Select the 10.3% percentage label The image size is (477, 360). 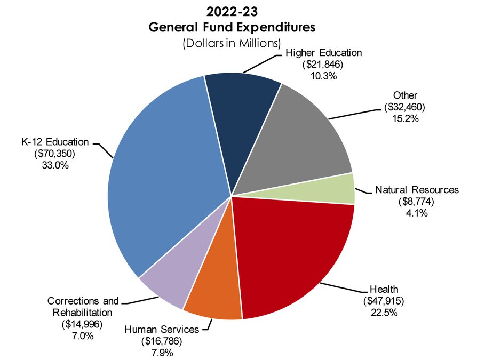pos(323,76)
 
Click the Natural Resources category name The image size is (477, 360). pos(417,190)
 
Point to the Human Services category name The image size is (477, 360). pos(161,329)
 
